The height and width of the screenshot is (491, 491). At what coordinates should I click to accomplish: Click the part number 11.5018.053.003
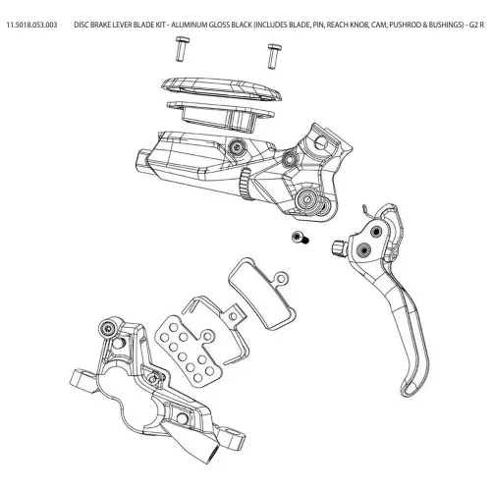[31, 25]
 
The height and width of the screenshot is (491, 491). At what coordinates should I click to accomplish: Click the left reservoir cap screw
[182, 49]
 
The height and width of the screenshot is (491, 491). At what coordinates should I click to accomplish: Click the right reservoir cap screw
[272, 56]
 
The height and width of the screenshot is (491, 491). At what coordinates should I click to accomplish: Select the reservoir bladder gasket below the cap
[220, 115]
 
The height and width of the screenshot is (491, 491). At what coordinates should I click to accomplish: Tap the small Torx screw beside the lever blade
[300, 237]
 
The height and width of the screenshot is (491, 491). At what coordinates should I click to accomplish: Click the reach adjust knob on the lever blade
[339, 247]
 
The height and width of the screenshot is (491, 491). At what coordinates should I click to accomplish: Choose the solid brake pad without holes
[262, 292]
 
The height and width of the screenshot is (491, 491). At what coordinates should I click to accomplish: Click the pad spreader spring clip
[217, 327]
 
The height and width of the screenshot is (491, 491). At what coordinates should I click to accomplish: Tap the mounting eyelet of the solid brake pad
[282, 279]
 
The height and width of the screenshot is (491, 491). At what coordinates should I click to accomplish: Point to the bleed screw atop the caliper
[107, 328]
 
